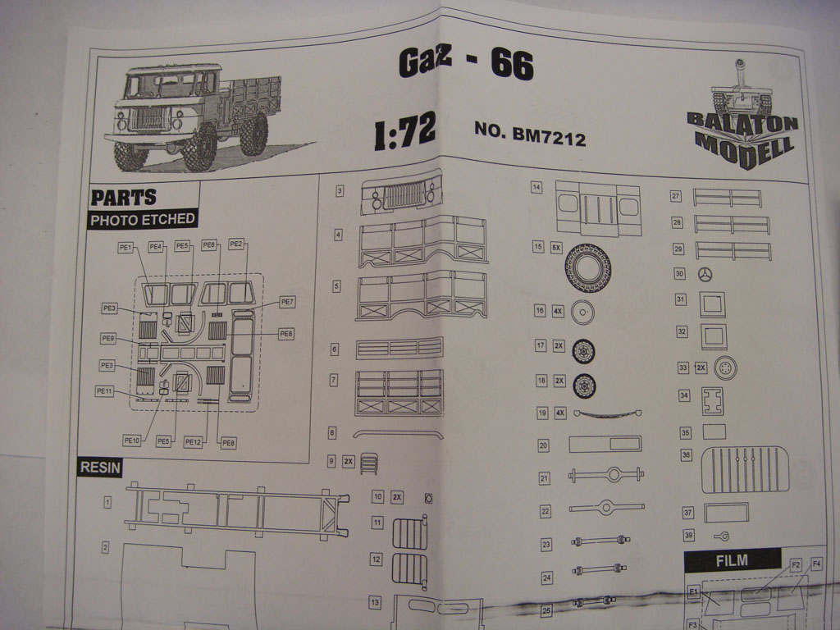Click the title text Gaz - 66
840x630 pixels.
click(x=465, y=64)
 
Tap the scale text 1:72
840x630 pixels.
click(x=404, y=132)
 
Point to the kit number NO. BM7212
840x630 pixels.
click(x=529, y=134)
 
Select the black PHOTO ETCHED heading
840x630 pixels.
click(x=143, y=219)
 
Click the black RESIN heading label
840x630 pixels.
click(x=100, y=468)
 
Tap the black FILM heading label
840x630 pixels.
click(x=732, y=561)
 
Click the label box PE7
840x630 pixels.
click(x=286, y=302)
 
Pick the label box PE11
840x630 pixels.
click(x=105, y=391)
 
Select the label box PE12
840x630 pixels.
click(x=193, y=442)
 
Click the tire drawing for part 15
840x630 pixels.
click(x=587, y=267)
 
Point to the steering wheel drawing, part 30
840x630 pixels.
click(x=705, y=275)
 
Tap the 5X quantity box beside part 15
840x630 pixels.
click(x=556, y=247)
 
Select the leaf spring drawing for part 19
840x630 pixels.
click(x=607, y=413)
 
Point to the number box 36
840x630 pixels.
click(x=686, y=454)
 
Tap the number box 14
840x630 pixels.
click(x=536, y=188)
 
